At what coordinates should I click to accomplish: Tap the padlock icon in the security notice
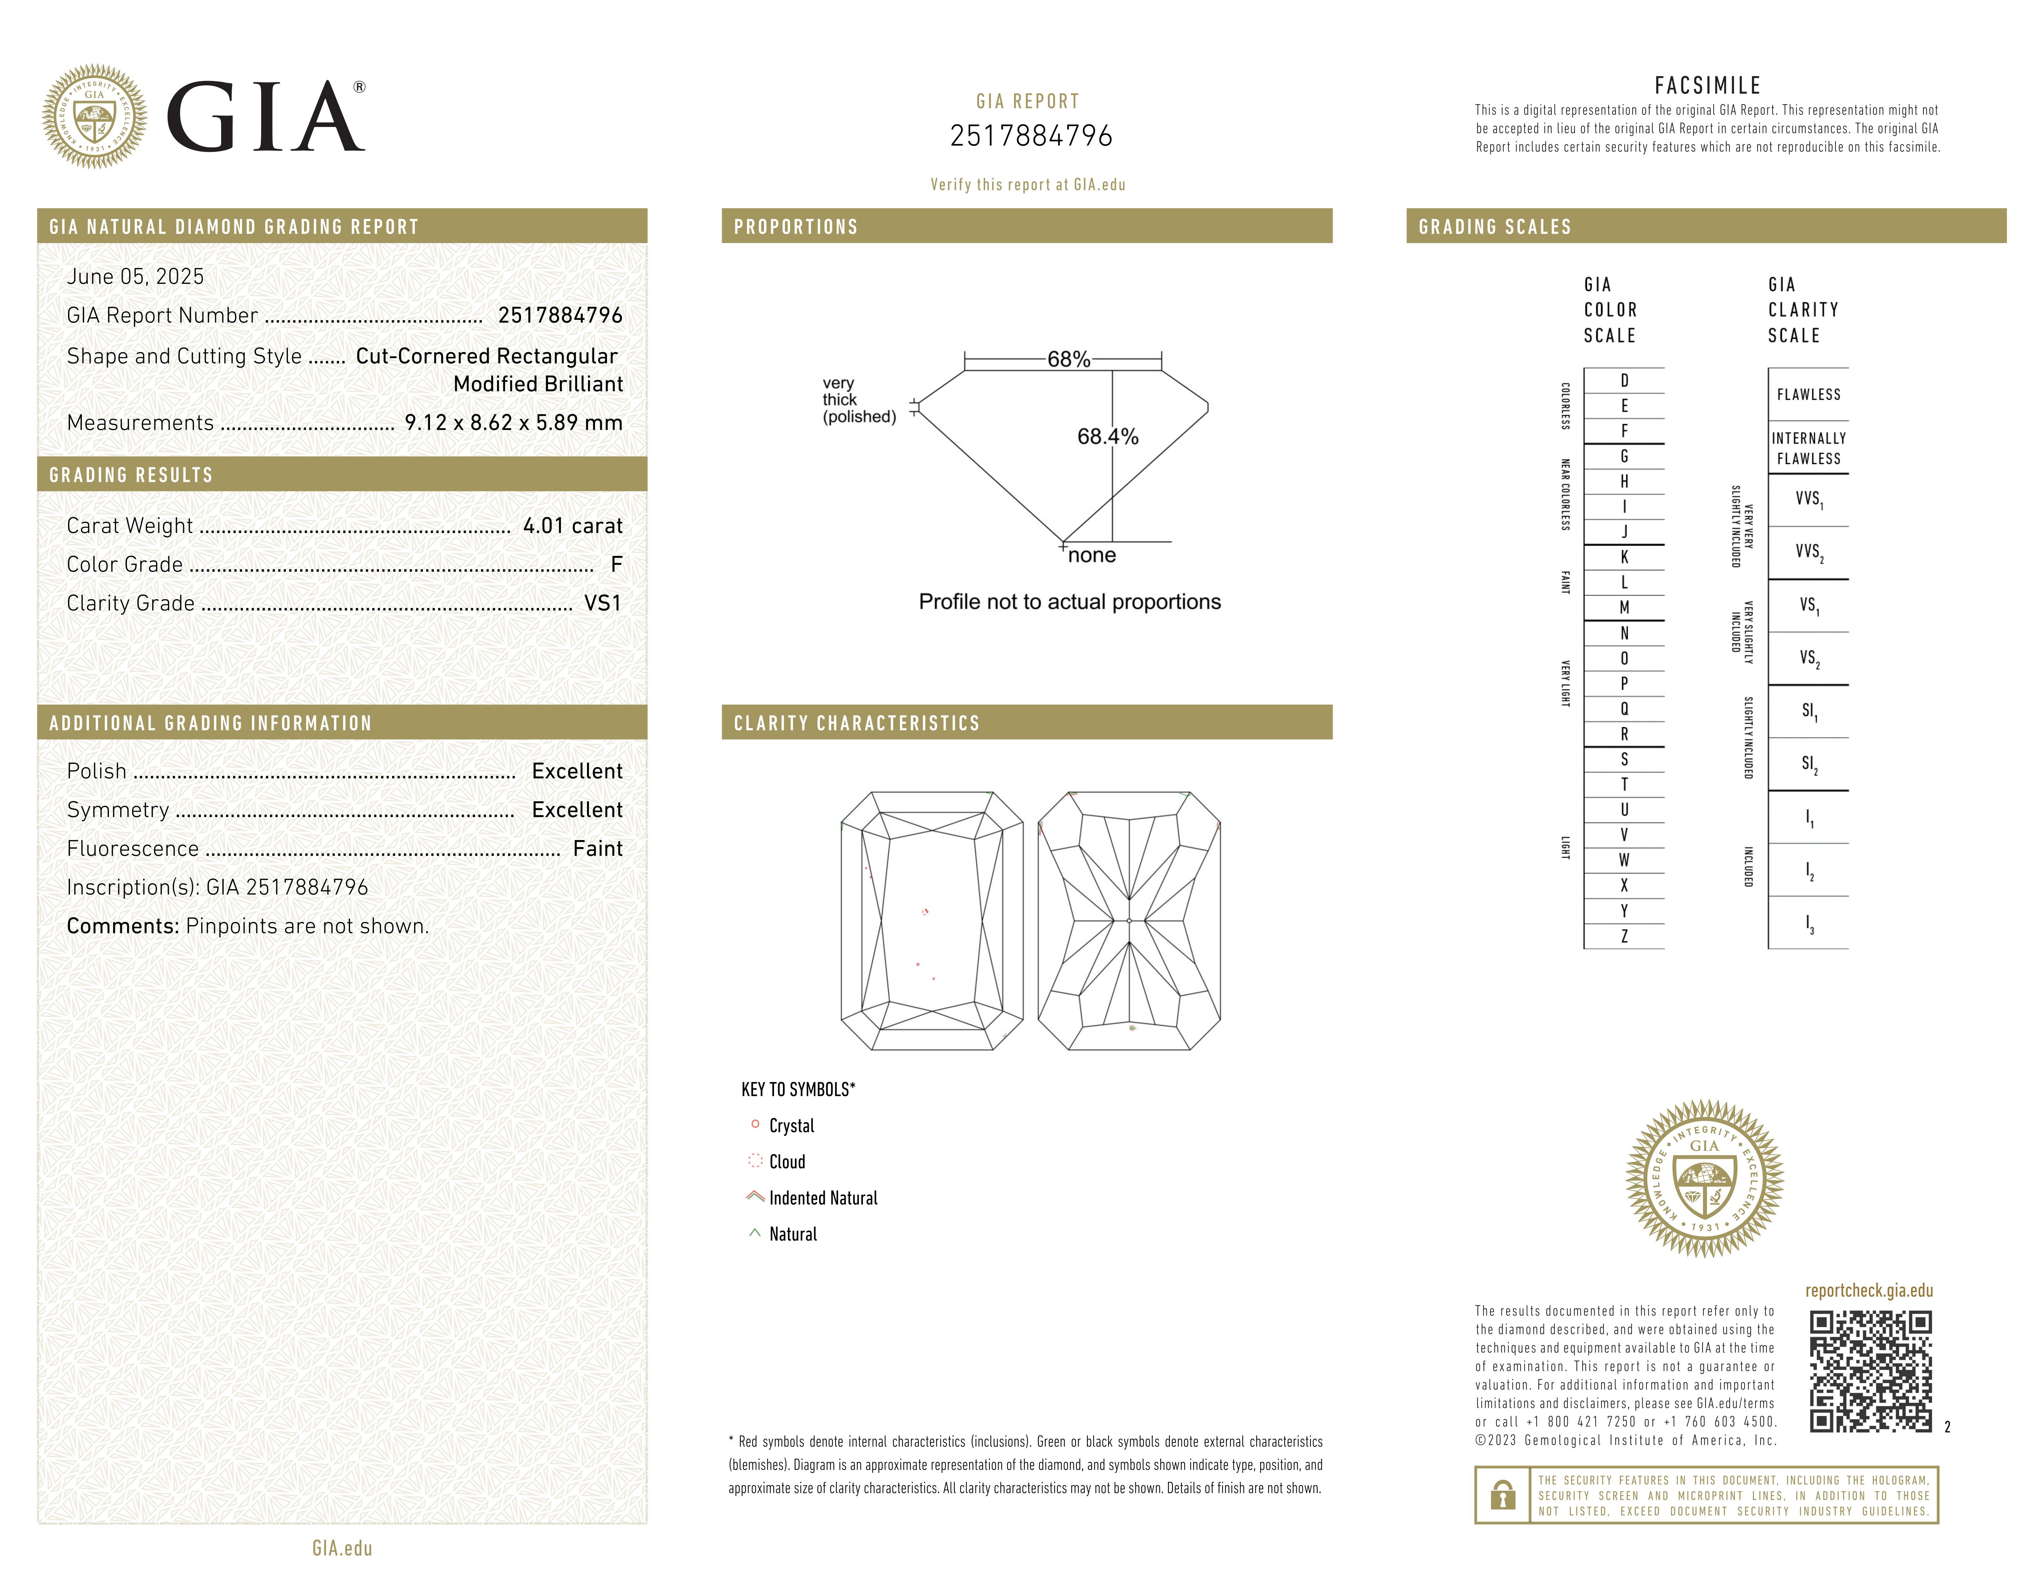tap(1502, 1495)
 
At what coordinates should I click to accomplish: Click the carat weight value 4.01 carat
tap(572, 526)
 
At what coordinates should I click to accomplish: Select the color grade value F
tap(616, 564)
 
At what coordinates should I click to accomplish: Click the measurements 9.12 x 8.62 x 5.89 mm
tap(513, 423)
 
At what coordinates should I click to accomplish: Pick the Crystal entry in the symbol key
tap(791, 1126)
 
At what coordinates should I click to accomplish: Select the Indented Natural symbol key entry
tap(823, 1198)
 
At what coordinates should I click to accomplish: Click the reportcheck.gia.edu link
tap(1868, 1291)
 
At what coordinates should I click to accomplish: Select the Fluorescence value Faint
tap(597, 849)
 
